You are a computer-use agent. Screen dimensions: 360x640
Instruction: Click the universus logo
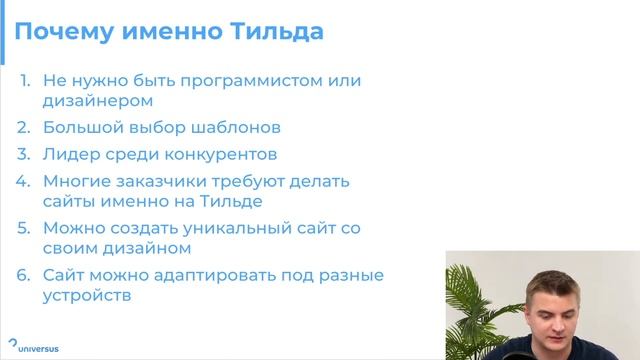31,348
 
